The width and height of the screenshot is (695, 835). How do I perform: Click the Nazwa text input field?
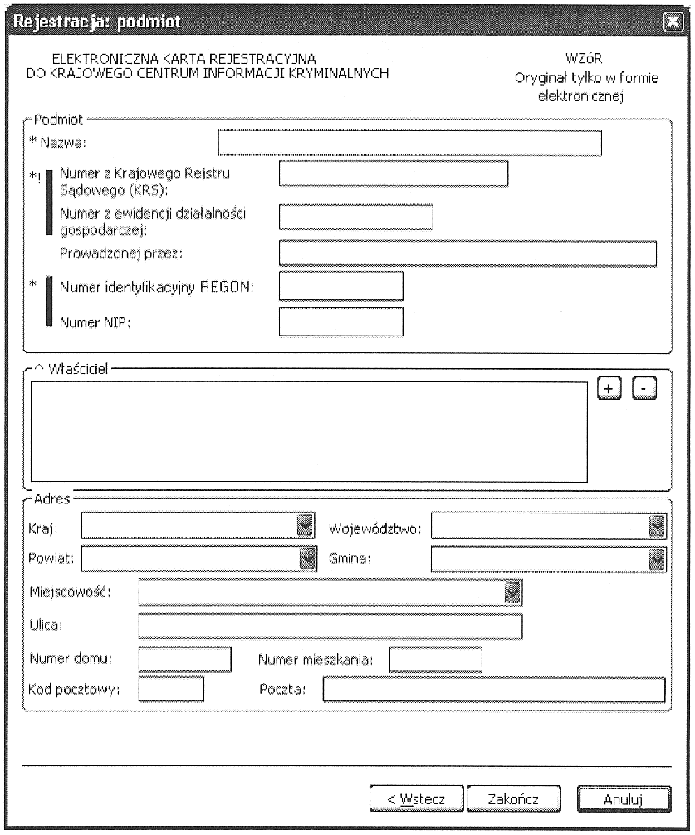pos(409,143)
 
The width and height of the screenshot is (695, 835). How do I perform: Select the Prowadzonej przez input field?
pos(467,253)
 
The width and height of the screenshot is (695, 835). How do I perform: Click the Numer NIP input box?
pos(340,322)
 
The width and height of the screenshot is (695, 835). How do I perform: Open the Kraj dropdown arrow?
pos(306,526)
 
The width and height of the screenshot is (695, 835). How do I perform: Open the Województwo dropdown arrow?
pos(658,526)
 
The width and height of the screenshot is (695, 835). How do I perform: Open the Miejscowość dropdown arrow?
pos(512,592)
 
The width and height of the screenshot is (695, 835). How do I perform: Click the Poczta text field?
pos(494,690)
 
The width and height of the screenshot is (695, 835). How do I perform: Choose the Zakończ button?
pos(514,798)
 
